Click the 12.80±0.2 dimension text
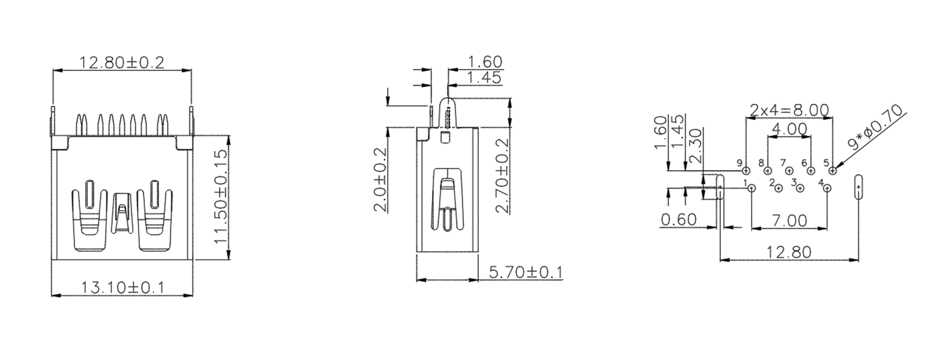pos(122,63)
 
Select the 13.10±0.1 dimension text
pos(122,287)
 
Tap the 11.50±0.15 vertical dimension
pos(220,197)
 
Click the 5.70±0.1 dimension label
pos(526,272)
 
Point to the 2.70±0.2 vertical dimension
pos(502,175)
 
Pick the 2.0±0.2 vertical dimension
pos(381,179)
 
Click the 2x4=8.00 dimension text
pos(789,110)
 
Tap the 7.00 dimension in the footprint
pos(790,220)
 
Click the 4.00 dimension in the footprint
pos(789,130)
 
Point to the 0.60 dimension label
pos(679,220)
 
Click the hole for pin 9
pos(746,171)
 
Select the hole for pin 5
pos(832,171)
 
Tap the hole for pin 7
pos(789,171)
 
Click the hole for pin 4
pos(827,189)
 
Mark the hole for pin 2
pos(778,189)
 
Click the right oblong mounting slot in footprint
pos(859,187)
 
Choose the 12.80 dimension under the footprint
pos(790,252)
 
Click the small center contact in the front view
pos(121,212)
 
